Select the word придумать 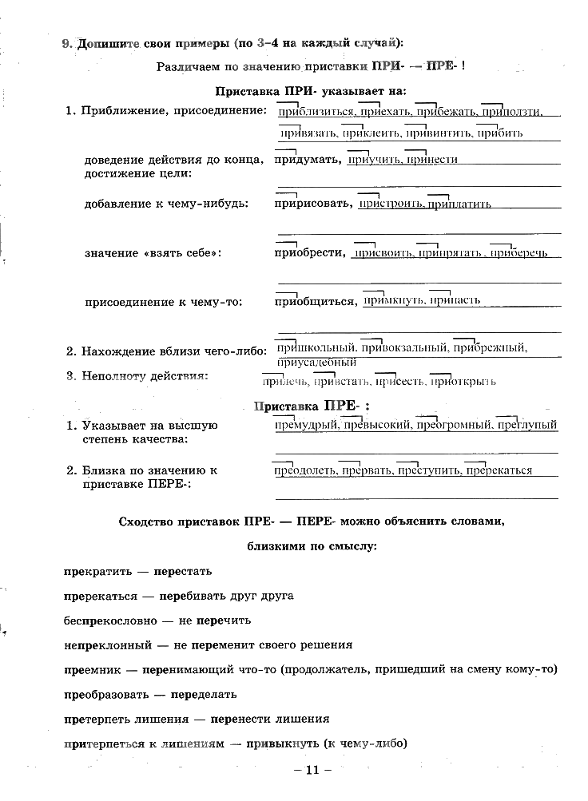click(307, 160)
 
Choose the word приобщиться click(315, 301)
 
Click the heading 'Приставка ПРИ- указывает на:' click(311, 91)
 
